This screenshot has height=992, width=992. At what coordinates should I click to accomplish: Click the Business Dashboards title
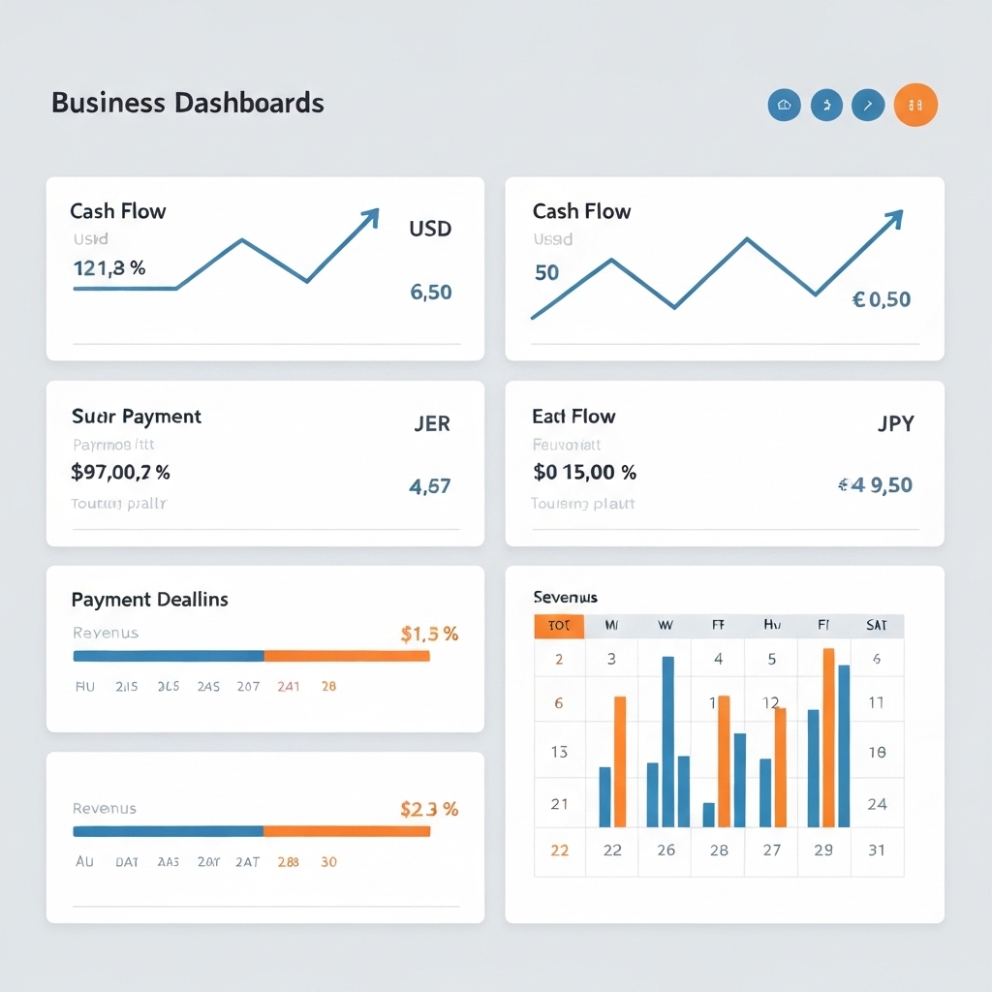[x=187, y=103]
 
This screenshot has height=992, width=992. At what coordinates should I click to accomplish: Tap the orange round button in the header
[x=915, y=105]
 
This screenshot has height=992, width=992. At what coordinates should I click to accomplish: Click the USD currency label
[x=430, y=230]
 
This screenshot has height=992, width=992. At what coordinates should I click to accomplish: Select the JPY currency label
[x=895, y=423]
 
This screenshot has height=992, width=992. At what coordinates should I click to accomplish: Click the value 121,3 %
[x=109, y=268]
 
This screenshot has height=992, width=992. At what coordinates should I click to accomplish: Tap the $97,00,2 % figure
[x=121, y=473]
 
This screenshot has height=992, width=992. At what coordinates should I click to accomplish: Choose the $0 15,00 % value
[x=585, y=473]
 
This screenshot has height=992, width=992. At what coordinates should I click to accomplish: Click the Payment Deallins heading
[x=150, y=600]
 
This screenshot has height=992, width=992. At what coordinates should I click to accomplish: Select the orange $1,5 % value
[x=429, y=635]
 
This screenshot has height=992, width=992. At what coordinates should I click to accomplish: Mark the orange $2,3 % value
[x=429, y=809]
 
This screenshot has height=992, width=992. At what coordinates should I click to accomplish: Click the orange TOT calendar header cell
[x=559, y=626]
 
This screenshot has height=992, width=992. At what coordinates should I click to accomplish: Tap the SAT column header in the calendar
[x=877, y=626]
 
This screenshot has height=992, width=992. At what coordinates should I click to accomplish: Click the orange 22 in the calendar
[x=559, y=851]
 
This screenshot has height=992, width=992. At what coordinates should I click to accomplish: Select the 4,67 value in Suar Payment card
[x=430, y=486]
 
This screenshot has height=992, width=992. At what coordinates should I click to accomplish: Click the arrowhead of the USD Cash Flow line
[x=370, y=217]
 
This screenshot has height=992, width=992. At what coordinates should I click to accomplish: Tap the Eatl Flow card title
[x=573, y=417]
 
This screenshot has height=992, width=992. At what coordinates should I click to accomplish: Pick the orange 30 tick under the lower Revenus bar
[x=328, y=861]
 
